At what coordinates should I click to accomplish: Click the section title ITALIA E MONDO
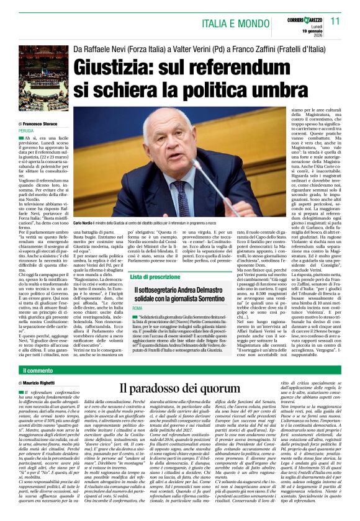235,22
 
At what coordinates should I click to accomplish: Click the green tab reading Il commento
37,370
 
